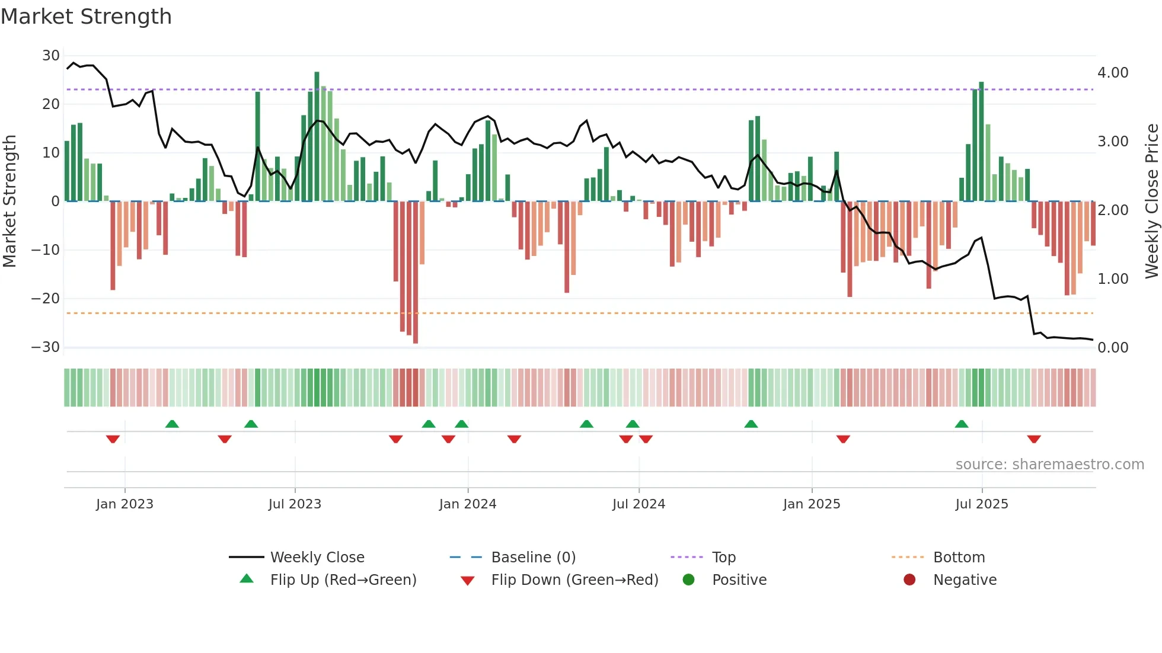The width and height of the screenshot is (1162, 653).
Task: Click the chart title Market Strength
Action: click(x=86, y=17)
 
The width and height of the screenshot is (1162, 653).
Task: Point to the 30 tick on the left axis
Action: click(x=50, y=56)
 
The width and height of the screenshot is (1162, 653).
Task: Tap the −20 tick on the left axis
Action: click(x=46, y=299)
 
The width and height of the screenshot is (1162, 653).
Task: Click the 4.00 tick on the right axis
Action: click(x=1113, y=73)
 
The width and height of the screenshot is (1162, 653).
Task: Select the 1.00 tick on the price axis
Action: click(x=1113, y=279)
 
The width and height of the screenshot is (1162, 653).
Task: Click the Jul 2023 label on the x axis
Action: click(x=295, y=504)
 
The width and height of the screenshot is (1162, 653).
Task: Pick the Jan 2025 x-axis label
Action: click(x=812, y=504)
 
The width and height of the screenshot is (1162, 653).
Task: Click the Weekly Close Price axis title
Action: click(x=1151, y=201)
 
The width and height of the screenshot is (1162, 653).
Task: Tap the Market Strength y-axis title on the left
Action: click(x=9, y=201)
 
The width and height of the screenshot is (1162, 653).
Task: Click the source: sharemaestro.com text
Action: click(x=1049, y=465)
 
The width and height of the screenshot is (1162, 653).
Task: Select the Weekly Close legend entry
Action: click(x=317, y=558)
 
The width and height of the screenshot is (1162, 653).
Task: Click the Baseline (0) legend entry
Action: click(x=533, y=558)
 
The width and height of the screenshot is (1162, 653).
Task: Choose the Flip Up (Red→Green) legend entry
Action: click(x=343, y=580)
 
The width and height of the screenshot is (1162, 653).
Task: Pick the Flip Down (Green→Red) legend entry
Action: click(x=574, y=580)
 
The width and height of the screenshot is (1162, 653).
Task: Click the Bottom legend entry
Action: click(x=959, y=558)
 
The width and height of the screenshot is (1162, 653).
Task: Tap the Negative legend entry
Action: click(x=965, y=580)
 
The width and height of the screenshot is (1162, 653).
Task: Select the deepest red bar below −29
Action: click(x=416, y=273)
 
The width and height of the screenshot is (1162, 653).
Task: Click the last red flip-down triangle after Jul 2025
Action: click(x=1034, y=439)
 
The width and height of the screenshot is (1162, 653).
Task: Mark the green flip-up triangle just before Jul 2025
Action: click(x=962, y=424)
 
